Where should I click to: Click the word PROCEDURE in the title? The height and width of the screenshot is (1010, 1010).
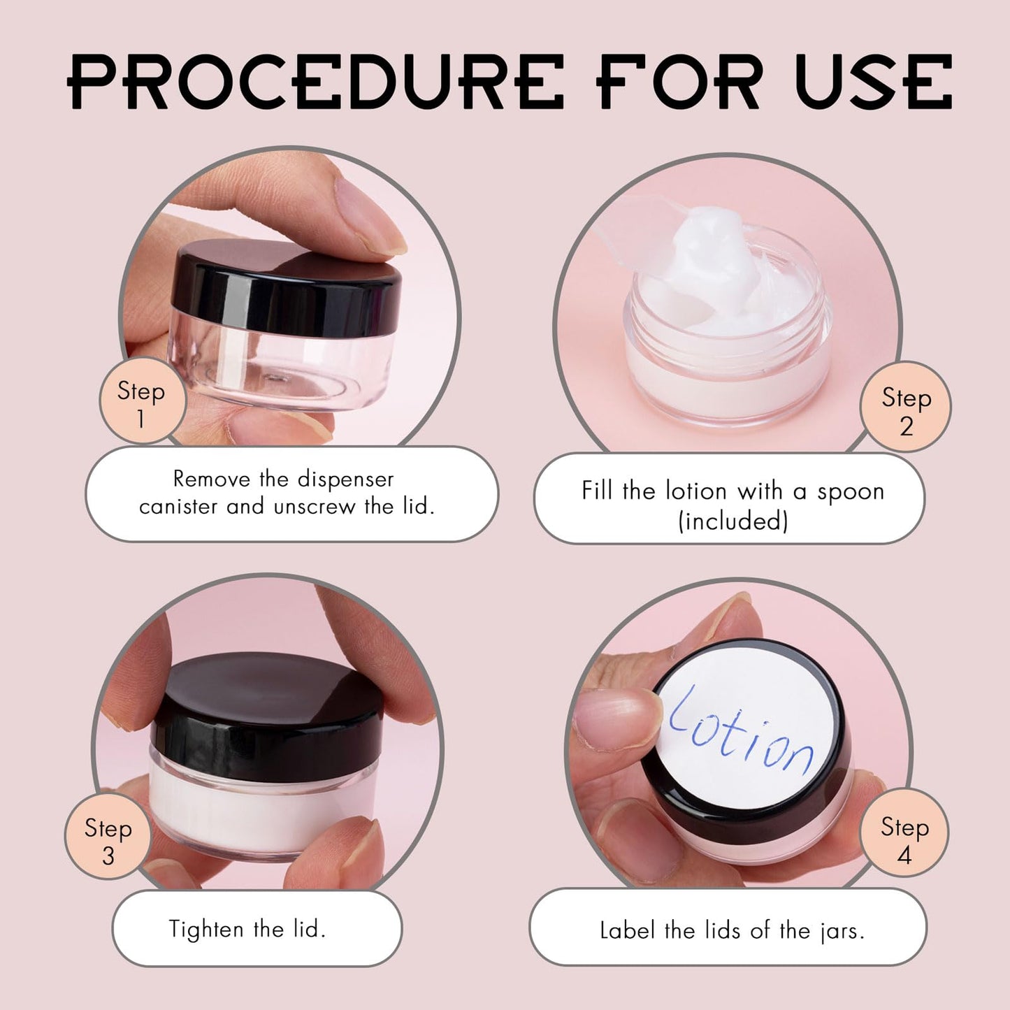315,82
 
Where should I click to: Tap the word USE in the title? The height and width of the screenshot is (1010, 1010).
873,82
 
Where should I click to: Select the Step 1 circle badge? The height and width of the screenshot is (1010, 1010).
142,401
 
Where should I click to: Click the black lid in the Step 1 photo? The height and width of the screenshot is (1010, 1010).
287,287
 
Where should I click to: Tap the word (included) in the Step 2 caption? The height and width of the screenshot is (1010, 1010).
733,521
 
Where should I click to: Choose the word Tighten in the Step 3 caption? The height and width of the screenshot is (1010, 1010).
207,929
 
